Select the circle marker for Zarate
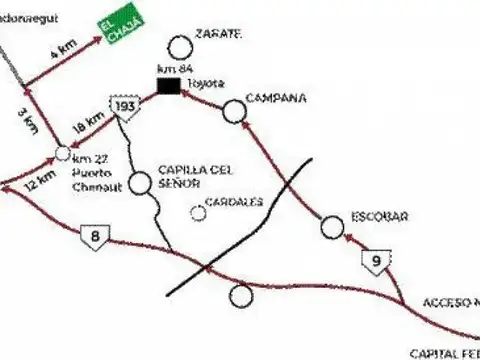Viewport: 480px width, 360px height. (x=179, y=46)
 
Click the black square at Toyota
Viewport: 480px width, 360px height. (x=167, y=89)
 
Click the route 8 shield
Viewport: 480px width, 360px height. (x=94, y=236)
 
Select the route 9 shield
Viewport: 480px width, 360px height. (x=373, y=262)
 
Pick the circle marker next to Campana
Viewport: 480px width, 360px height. (x=234, y=110)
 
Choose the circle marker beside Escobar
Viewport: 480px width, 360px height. (x=332, y=229)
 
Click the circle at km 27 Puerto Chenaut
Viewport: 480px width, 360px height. (x=62, y=153)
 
